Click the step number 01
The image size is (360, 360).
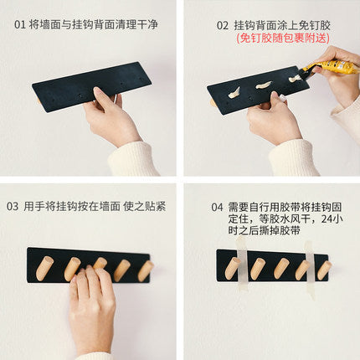pos(20,25)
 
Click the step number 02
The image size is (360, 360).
pos(223,26)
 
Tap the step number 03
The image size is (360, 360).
pos(13,207)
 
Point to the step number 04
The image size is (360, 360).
pos(217,208)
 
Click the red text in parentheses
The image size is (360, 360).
pos(283,38)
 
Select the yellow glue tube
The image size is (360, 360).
pos(331,68)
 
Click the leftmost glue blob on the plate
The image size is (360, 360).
pos(234,93)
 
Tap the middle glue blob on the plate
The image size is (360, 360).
pos(264,85)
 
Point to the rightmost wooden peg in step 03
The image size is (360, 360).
pos(146,270)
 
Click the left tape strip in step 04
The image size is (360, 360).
pos(242,263)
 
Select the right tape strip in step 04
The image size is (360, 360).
pos(310,270)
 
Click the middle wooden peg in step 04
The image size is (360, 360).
pos(280,269)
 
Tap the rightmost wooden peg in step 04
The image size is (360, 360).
pos(324,270)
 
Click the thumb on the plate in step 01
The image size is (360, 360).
pos(102,96)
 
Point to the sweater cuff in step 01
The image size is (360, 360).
pos(133,159)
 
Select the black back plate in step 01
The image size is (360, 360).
pos(91,87)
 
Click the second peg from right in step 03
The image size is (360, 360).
pos(121,270)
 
